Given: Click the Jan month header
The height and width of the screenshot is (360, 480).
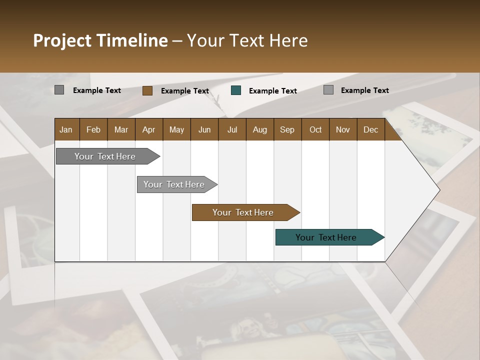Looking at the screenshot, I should (x=66, y=129).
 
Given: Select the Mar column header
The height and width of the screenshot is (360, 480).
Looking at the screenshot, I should (x=121, y=129).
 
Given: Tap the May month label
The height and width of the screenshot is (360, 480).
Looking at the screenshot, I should (x=176, y=129).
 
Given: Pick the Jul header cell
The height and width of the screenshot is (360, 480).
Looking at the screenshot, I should (x=232, y=129).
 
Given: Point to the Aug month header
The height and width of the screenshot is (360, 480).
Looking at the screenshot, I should (x=259, y=129).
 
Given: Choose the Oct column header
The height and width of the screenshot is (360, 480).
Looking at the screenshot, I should (x=315, y=129).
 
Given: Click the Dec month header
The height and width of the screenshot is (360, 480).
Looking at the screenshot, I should (x=370, y=129).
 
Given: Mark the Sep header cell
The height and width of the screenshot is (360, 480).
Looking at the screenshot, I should (x=287, y=129).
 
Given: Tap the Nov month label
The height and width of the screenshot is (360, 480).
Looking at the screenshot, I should (x=342, y=129).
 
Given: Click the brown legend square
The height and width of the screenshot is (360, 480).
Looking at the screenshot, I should (x=147, y=90).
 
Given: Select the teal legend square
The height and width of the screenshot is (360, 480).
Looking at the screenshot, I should (x=236, y=90).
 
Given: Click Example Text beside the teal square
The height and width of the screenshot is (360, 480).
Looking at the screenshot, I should (x=272, y=91).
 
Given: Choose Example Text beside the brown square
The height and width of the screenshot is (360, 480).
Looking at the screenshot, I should (x=184, y=91).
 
